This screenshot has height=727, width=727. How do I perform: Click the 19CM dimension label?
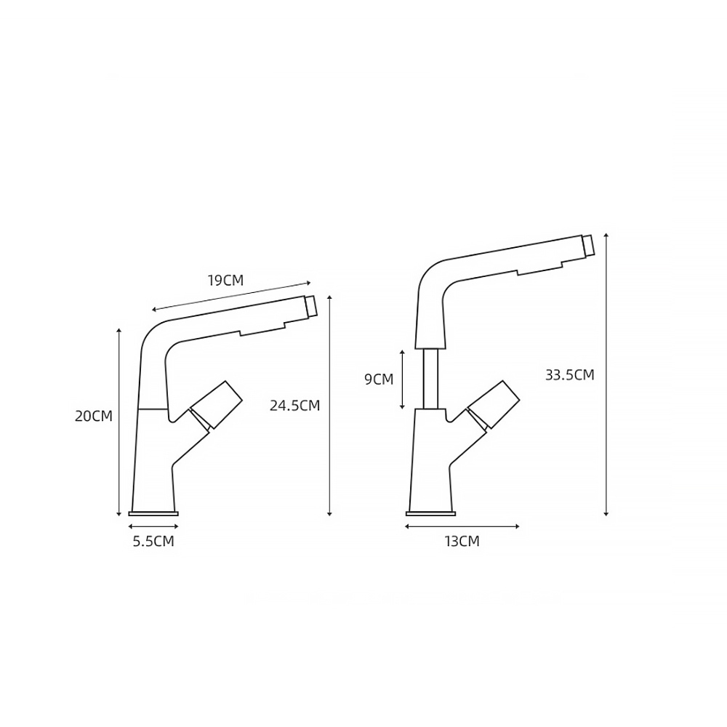pos(225,281)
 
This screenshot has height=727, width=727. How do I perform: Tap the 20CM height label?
pos(94,416)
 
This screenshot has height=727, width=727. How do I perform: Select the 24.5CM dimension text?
pos(295,406)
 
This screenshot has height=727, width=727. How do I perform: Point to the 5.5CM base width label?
pos(153,541)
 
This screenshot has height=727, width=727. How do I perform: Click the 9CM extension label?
pos(379,379)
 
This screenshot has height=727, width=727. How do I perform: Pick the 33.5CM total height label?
pos(569,374)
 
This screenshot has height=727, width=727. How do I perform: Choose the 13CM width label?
pos(462,541)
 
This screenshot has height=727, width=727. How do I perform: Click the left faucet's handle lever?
pos(216,405)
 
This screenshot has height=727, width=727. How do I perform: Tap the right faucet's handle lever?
pos(494,405)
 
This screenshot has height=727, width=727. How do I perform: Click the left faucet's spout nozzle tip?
pos(311,307)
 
